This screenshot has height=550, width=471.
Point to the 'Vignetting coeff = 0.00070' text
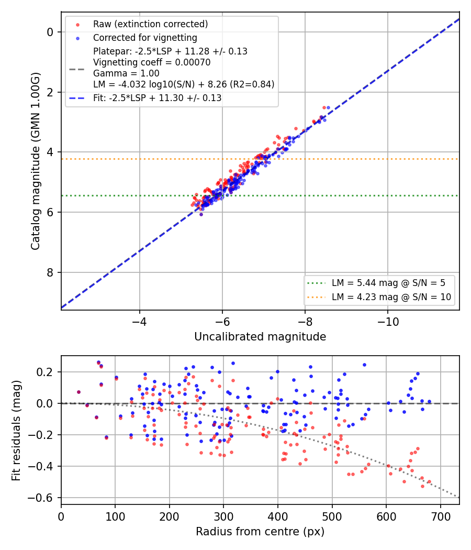152,62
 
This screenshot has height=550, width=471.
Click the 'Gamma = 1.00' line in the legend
126,73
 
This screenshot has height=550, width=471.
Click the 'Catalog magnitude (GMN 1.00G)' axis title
36,161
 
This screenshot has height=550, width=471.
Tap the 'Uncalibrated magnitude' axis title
260,337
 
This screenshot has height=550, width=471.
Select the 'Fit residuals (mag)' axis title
16,431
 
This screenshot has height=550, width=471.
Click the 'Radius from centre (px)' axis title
260,532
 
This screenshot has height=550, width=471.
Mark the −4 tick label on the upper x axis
140,322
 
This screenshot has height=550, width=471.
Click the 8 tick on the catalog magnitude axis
50,272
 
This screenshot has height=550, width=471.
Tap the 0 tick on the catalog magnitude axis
50,32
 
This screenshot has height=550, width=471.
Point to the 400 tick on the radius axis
278,516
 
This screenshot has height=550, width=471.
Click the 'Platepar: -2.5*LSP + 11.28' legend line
170,51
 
